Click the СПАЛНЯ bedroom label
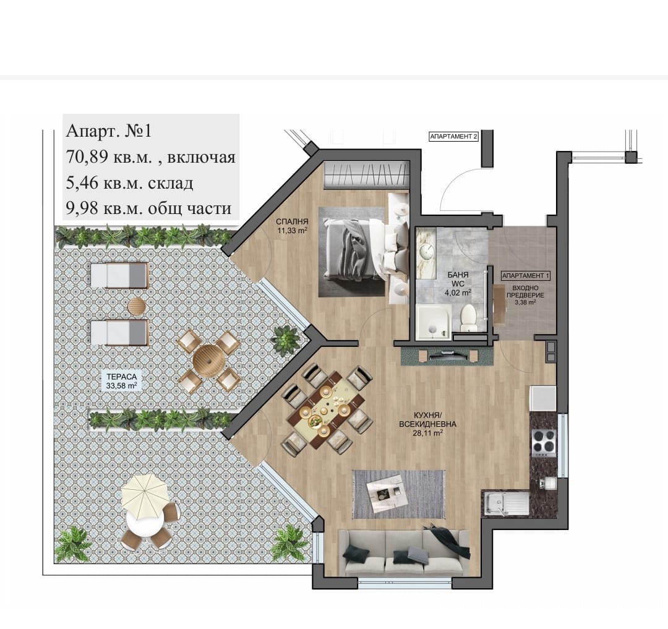[x=292, y=221]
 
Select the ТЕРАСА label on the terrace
[x=121, y=377]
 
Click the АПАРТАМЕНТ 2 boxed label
[x=453, y=137]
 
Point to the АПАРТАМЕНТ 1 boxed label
[x=525, y=276]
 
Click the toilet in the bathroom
[x=469, y=317]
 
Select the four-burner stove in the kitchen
[x=544, y=443]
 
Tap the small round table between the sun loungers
[x=137, y=306]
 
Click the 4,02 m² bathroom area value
[x=458, y=293]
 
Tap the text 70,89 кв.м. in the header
[x=109, y=158]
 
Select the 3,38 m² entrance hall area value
[x=525, y=302]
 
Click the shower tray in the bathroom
[x=433, y=322]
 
